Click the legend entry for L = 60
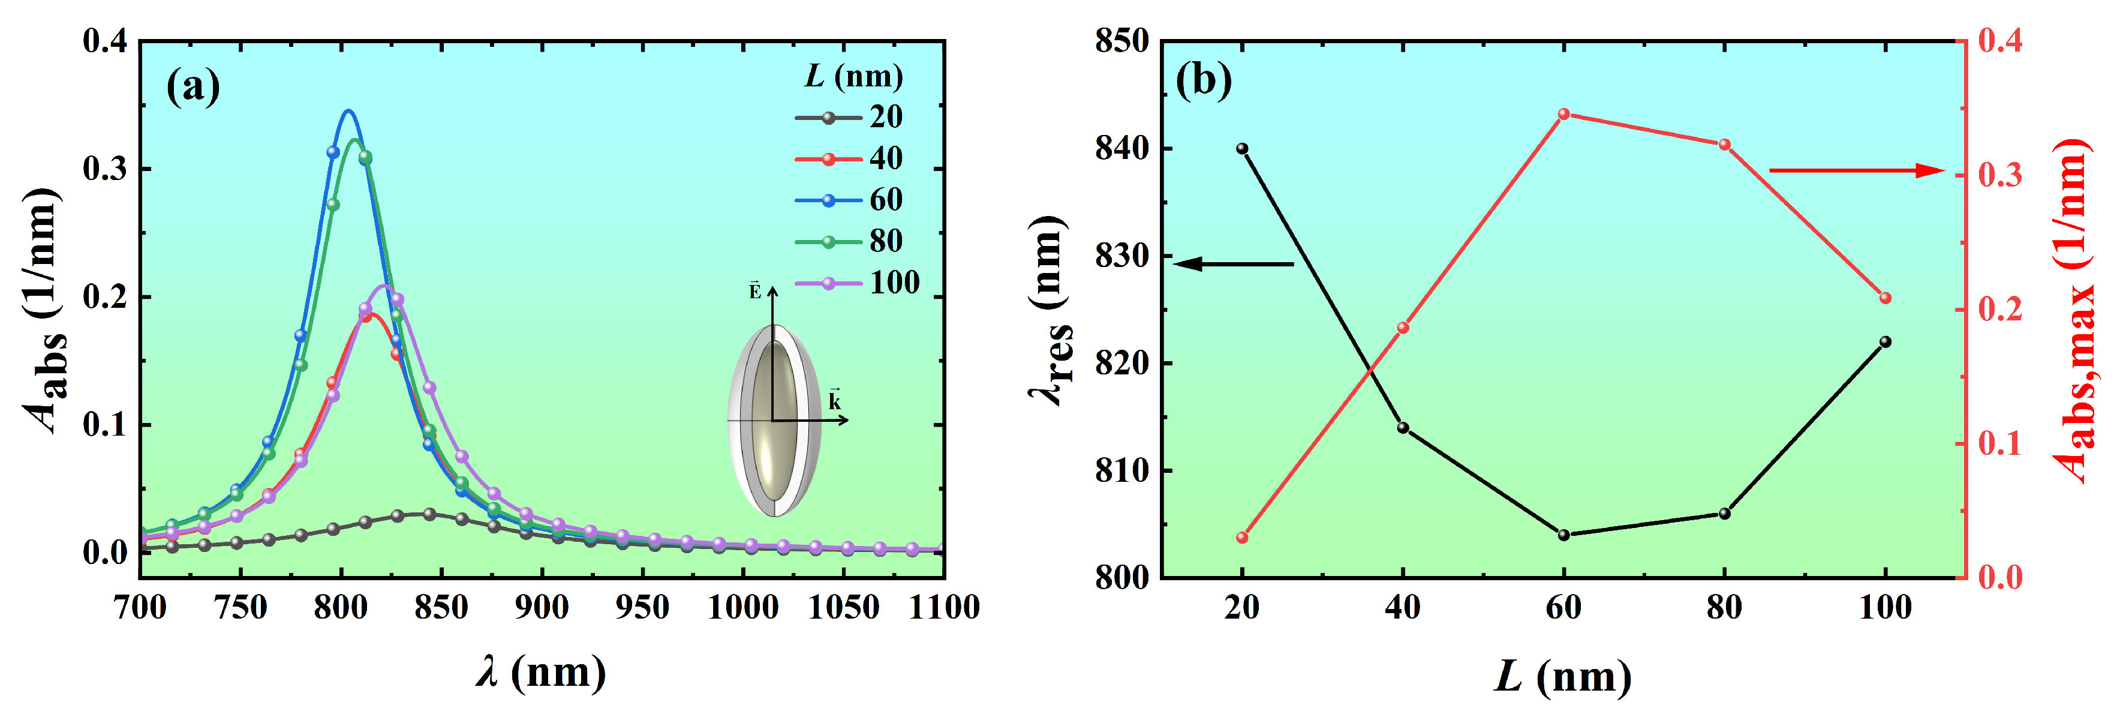[x=850, y=200]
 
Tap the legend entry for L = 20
[x=850, y=117]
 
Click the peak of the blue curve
[x=349, y=110]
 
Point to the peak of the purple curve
[x=384, y=286]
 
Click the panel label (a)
[x=193, y=85]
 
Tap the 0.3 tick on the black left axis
[x=105, y=169]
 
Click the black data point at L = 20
[x=1242, y=149]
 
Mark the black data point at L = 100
[x=1885, y=341]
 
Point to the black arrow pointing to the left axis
[x=1233, y=264]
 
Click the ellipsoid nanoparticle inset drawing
[x=774, y=421]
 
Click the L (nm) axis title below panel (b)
[x=1562, y=677]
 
